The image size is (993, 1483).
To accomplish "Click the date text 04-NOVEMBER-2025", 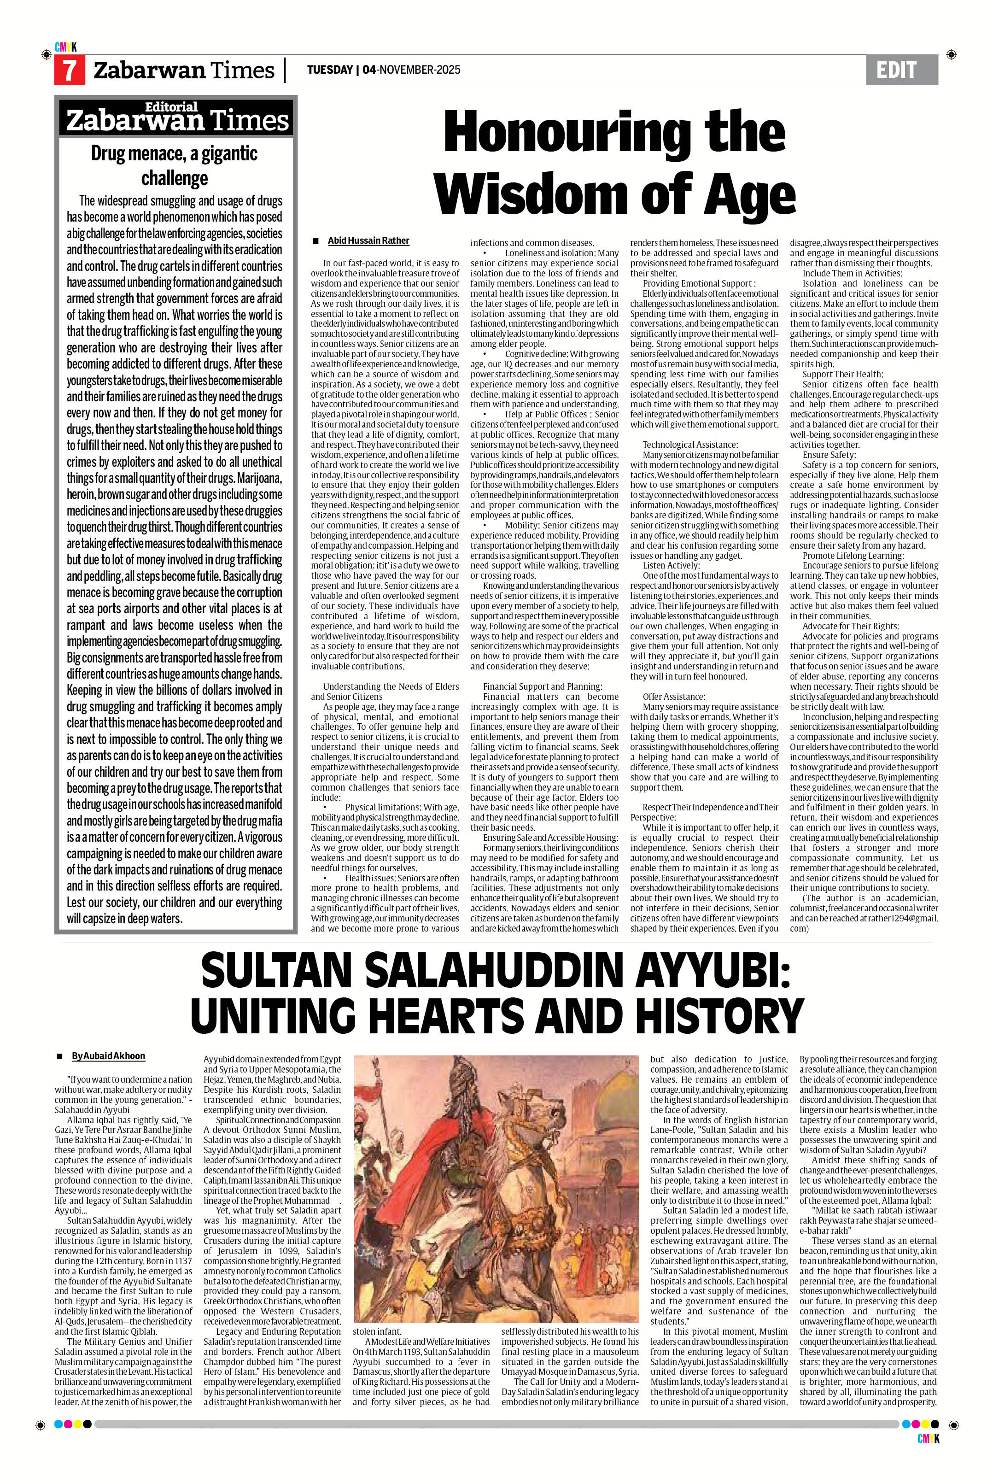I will [x=412, y=70].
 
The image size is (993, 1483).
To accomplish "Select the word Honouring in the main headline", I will [x=614, y=132].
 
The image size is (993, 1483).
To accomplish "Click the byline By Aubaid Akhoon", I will [x=108, y=1056].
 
